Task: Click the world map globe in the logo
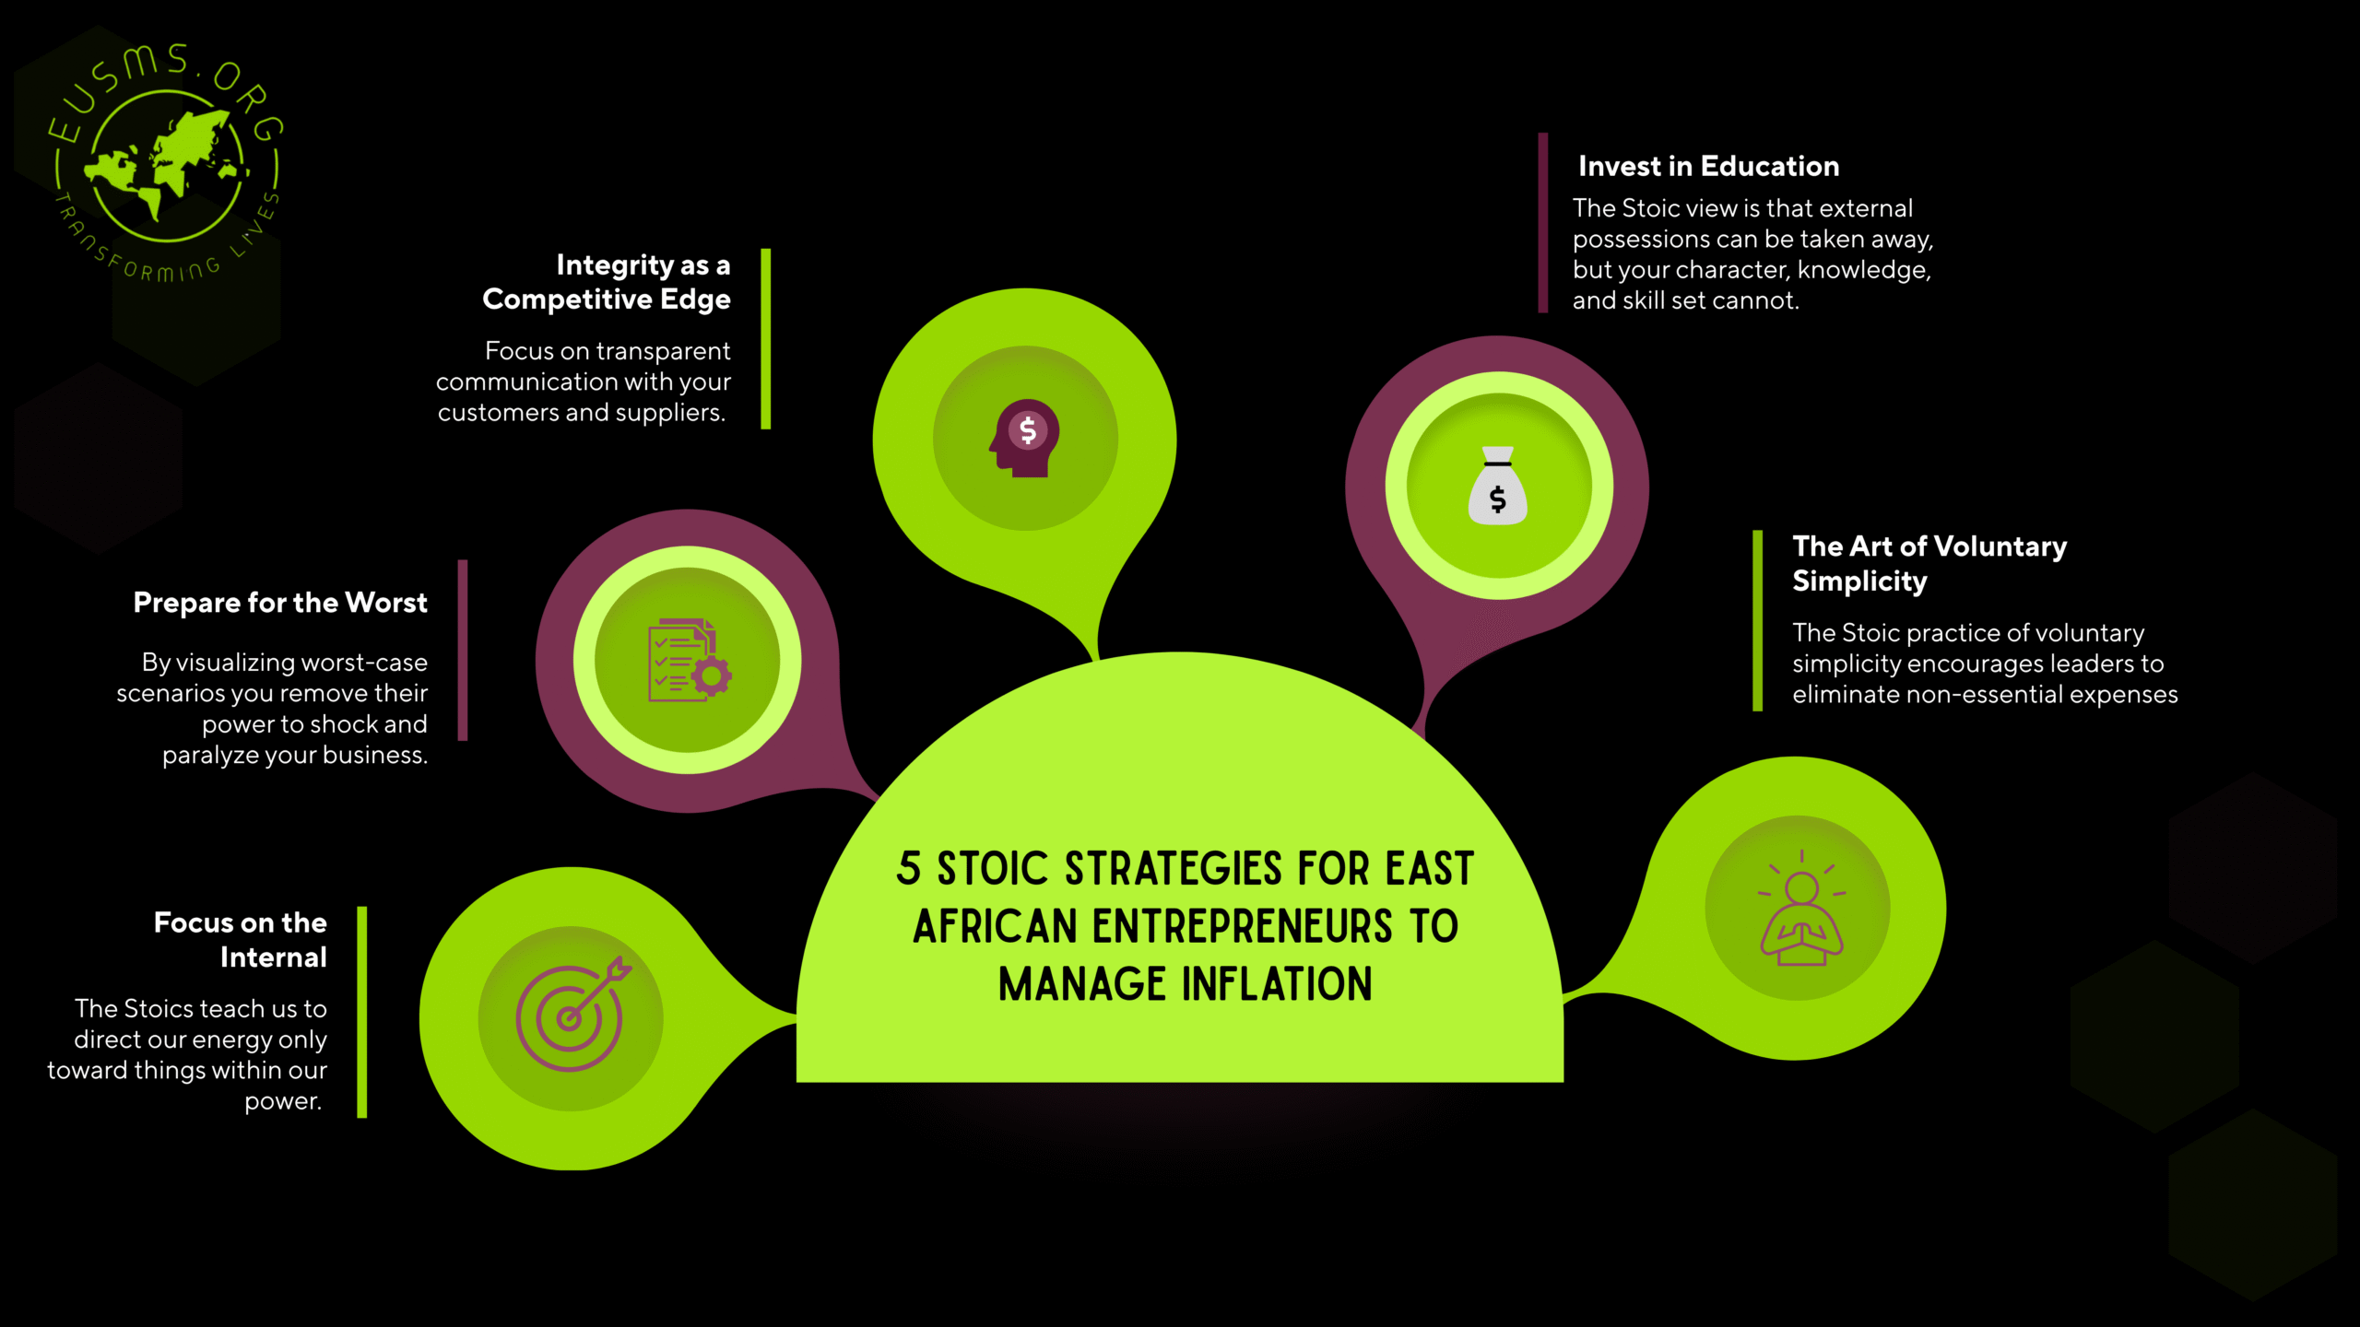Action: click(167, 166)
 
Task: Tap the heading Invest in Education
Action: click(1708, 166)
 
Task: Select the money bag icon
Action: click(1497, 486)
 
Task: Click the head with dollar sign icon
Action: click(1025, 438)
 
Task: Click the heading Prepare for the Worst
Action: click(280, 603)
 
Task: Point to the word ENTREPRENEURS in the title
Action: click(1242, 927)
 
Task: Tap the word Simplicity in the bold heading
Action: click(1859, 581)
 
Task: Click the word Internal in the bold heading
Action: click(273, 957)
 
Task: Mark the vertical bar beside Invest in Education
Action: click(1543, 223)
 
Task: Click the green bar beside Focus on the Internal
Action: click(362, 1012)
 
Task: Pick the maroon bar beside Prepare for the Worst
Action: click(463, 650)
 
